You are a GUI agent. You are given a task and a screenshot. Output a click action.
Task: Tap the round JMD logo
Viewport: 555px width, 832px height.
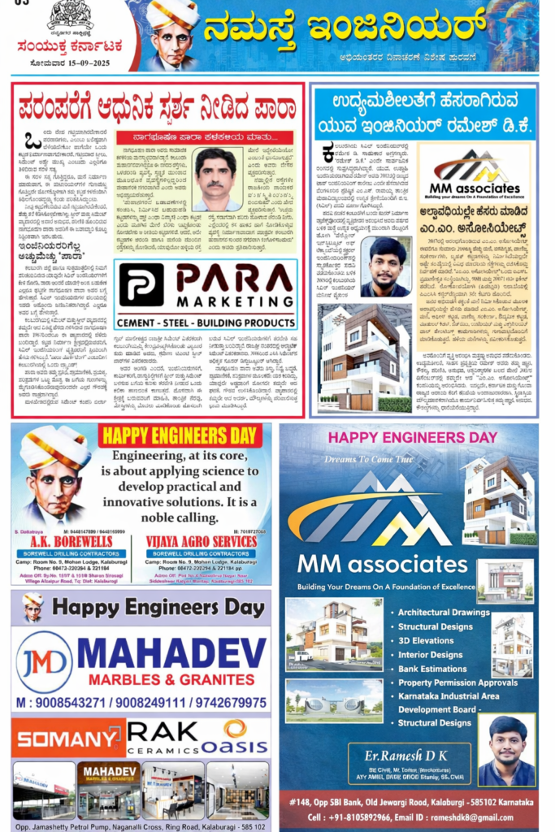[x=43, y=661]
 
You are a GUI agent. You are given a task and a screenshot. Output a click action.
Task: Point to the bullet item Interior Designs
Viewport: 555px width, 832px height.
[x=430, y=655]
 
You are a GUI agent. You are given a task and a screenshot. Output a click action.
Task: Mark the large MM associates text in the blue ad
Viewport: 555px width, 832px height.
[x=382, y=563]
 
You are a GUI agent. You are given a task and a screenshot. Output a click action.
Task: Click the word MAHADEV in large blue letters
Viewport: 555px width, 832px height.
[x=171, y=652]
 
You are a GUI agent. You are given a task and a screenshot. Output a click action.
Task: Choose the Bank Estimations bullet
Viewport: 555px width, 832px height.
[x=433, y=669]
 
